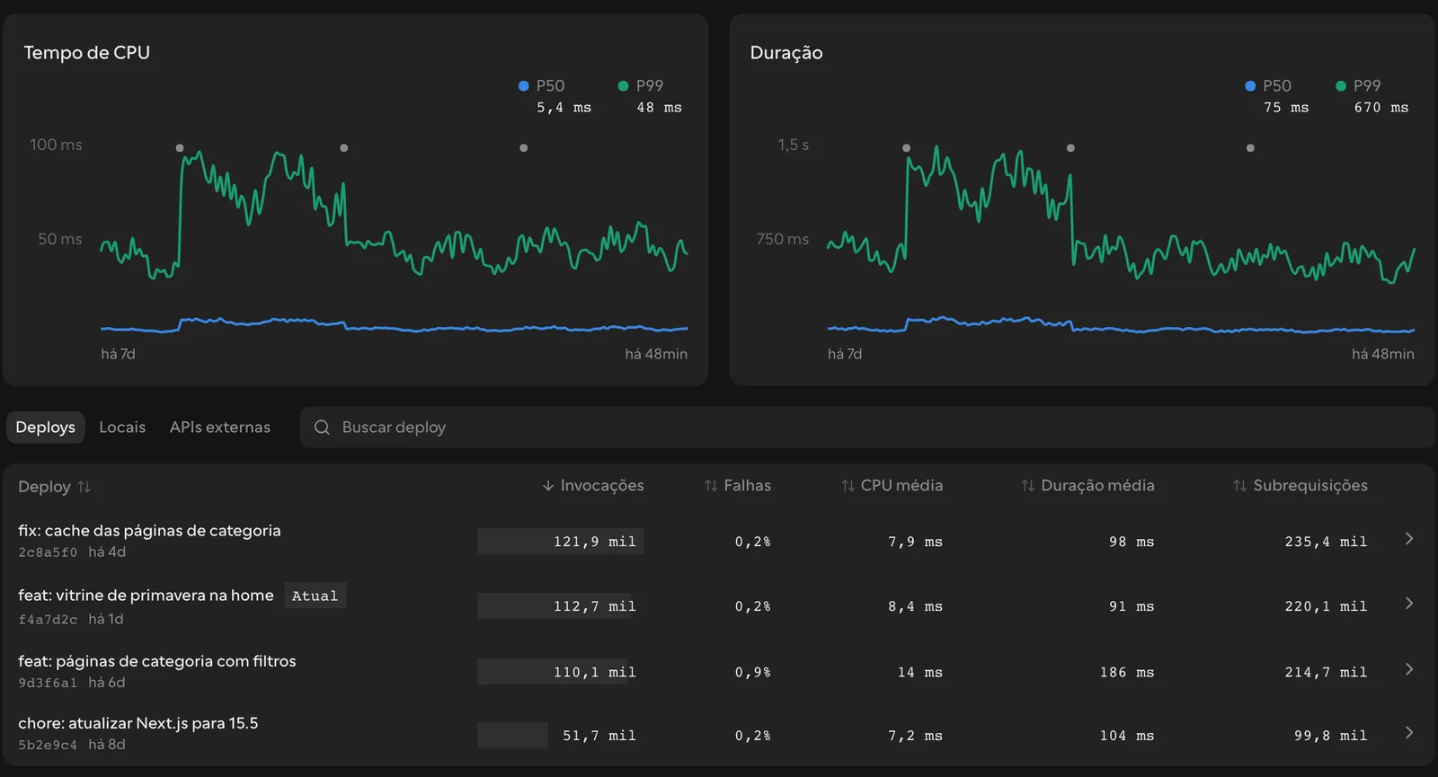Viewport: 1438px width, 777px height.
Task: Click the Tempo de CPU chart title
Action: click(x=86, y=53)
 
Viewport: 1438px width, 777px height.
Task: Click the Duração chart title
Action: click(x=786, y=53)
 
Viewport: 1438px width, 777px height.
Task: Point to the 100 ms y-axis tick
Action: click(x=56, y=145)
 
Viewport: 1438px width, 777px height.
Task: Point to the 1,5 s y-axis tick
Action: click(x=793, y=145)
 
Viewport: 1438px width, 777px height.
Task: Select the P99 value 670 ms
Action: click(x=1380, y=107)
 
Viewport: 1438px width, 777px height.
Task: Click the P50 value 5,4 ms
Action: click(x=564, y=107)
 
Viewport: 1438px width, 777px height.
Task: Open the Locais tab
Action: click(x=122, y=428)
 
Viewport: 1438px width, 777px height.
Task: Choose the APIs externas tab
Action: click(x=219, y=428)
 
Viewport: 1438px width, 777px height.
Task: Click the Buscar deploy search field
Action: click(x=866, y=428)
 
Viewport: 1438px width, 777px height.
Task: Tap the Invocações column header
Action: click(x=593, y=486)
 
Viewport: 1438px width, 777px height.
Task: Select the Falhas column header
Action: click(x=738, y=486)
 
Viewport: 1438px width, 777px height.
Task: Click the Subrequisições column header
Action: click(x=1300, y=486)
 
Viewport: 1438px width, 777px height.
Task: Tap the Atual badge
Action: click(x=315, y=596)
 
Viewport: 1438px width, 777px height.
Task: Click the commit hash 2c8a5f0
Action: click(x=48, y=552)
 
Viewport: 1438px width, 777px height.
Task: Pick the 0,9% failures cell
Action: click(x=752, y=672)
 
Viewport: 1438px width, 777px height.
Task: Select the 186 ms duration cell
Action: click(x=1127, y=672)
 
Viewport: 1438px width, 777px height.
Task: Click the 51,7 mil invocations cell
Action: click(x=599, y=736)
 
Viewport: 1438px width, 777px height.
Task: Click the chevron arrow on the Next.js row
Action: click(x=1409, y=733)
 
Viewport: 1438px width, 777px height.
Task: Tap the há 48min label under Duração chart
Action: click(x=1383, y=354)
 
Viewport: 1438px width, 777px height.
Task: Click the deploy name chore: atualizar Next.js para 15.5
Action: click(x=138, y=723)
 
